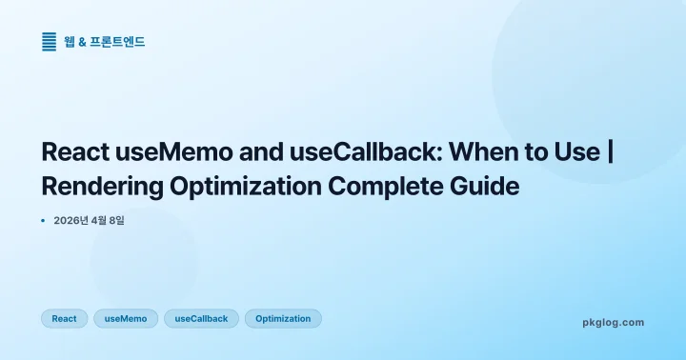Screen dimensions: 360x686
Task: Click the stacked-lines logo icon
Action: point(50,41)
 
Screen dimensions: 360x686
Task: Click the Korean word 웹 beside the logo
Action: point(70,42)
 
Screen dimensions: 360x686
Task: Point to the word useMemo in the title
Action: point(166,152)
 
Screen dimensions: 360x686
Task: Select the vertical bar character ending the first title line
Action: point(609,152)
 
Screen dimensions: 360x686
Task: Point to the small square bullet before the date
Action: point(43,221)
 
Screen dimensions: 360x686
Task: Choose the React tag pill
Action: point(64,318)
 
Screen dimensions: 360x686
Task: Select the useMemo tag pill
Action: point(126,318)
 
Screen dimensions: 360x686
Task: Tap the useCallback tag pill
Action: point(201,318)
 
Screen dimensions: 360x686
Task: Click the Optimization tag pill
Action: point(283,318)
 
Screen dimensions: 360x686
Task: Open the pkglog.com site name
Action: point(613,322)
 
